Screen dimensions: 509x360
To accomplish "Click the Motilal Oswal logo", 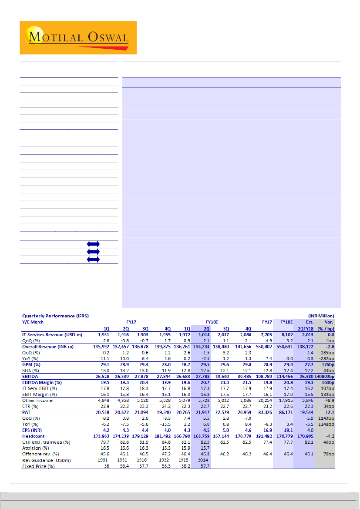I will click(x=78, y=37).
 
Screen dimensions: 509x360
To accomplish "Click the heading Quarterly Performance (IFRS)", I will click(x=54, y=316).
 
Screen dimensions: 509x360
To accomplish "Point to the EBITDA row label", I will click(x=31, y=376).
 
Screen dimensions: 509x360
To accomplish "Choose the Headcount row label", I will click(x=34, y=436).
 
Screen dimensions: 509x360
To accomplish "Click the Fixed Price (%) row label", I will click(x=39, y=466).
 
